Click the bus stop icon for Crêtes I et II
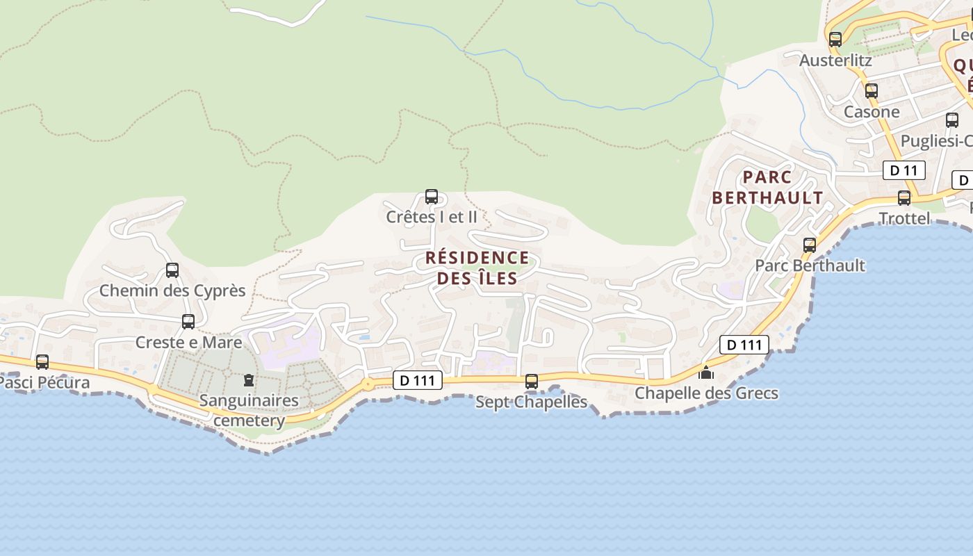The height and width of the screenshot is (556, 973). pyautogui.click(x=432, y=197)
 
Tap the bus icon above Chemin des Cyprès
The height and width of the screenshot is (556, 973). pyautogui.click(x=172, y=270)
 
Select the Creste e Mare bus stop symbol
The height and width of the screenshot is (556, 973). pyautogui.click(x=188, y=322)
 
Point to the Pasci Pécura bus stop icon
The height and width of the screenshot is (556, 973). pyautogui.click(x=42, y=362)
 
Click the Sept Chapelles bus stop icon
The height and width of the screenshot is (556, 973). pyautogui.click(x=532, y=382)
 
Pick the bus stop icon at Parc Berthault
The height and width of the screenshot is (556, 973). pyautogui.click(x=810, y=245)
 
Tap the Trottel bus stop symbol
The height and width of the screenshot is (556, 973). pyautogui.click(x=904, y=198)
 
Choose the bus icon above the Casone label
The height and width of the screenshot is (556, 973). pyautogui.click(x=872, y=91)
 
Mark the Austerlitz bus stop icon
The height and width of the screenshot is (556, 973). pyautogui.click(x=835, y=40)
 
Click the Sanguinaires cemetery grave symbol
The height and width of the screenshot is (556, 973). pyautogui.click(x=248, y=380)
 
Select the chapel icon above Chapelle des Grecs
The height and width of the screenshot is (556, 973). pyautogui.click(x=706, y=373)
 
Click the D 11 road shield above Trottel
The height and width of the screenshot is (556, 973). pyautogui.click(x=903, y=170)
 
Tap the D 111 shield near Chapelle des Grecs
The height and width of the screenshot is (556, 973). pyautogui.click(x=744, y=345)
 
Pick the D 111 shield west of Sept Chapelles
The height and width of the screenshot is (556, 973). pyautogui.click(x=418, y=380)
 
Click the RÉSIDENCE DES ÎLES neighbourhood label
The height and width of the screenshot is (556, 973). pyautogui.click(x=477, y=268)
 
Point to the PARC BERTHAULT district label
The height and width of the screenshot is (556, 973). pyautogui.click(x=767, y=188)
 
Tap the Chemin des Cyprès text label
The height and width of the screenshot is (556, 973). pyautogui.click(x=172, y=291)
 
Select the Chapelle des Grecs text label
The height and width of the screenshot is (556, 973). pyautogui.click(x=706, y=393)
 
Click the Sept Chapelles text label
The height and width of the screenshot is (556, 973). pyautogui.click(x=532, y=402)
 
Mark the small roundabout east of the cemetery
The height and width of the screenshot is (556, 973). pyautogui.click(x=367, y=384)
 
